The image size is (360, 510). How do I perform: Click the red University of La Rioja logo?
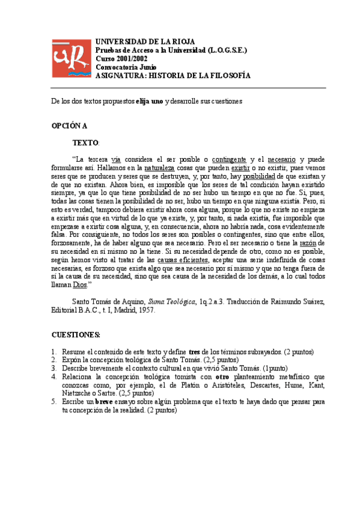[71, 58]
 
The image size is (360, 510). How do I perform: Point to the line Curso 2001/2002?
[123, 58]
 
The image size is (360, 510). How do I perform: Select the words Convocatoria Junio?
[126, 67]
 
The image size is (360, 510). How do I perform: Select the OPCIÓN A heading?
[69, 126]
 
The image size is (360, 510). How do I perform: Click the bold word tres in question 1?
[194, 351]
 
